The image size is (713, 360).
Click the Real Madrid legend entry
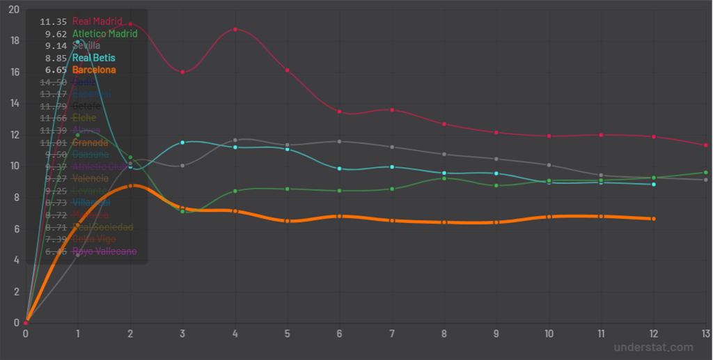(98, 22)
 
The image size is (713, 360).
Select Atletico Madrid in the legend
(104, 33)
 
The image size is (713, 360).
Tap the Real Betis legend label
(94, 58)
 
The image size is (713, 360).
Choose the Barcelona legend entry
(94, 70)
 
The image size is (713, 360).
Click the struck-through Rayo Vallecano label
(104, 251)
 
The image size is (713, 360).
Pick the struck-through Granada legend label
(90, 143)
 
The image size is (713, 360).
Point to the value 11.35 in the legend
(54, 22)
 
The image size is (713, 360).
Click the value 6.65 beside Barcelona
(56, 70)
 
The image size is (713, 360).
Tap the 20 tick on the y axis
(15, 9)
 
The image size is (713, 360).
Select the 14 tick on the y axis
(15, 103)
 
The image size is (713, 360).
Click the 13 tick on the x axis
(705, 334)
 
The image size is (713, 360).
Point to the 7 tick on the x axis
(392, 334)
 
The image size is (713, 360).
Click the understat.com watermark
(653, 347)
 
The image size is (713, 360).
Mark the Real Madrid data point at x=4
(235, 29)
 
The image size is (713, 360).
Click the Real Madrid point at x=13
(705, 145)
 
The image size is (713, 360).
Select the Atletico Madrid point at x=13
(705, 172)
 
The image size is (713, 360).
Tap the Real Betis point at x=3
(182, 142)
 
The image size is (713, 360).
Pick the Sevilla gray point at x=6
(339, 141)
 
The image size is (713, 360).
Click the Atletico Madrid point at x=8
(444, 178)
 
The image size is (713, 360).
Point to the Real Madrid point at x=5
(287, 70)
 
